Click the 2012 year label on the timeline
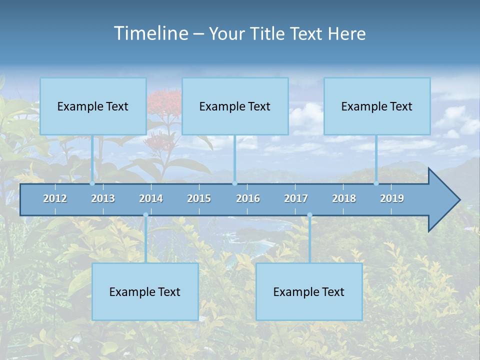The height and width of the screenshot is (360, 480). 55,198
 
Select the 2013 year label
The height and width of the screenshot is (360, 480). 103,198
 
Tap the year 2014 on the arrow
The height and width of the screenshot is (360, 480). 151,198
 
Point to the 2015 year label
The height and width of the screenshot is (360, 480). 199,198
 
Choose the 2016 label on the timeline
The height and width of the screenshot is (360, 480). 248,198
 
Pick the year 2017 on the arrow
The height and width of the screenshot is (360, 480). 296,198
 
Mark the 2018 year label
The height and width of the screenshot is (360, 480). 344,198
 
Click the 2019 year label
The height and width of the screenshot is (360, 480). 392,198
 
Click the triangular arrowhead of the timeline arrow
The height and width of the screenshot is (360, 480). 443,200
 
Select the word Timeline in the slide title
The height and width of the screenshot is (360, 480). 150,33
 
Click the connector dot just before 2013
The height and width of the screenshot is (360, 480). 92,183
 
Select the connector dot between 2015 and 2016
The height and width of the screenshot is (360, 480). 234,183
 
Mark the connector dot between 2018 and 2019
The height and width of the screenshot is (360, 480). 376,183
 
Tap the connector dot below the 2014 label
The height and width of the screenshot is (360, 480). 145,215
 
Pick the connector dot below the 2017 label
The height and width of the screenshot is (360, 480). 309,215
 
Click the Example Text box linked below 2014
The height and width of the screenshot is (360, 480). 145,291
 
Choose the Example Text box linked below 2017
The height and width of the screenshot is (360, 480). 309,291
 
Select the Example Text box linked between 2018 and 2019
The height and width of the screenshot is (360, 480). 377,106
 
